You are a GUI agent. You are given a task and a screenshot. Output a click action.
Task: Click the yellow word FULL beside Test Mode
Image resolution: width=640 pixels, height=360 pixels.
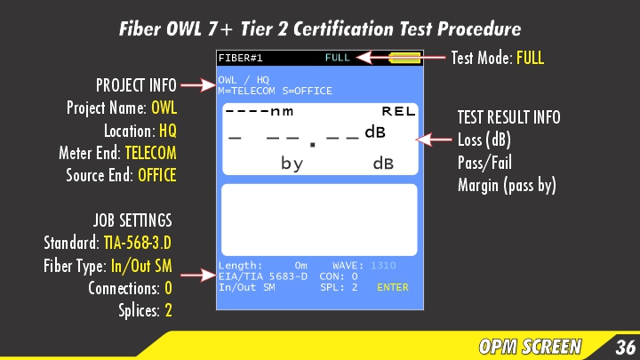click(529, 59)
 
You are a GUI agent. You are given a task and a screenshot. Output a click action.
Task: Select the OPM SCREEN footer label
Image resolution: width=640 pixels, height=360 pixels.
click(530, 347)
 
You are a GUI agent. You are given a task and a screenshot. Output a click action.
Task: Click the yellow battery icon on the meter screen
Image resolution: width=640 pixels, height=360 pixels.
click(404, 58)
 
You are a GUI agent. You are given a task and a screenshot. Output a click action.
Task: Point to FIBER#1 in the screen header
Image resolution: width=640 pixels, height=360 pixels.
click(240, 58)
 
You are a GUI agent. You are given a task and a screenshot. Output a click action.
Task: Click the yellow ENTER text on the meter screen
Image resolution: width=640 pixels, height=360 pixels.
click(393, 287)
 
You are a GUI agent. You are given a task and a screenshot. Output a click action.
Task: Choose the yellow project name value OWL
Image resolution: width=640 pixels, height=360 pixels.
click(164, 108)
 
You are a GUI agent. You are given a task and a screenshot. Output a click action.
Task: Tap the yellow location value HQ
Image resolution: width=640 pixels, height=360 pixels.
click(168, 130)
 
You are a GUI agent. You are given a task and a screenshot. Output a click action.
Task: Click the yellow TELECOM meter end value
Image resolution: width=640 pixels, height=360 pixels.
click(150, 152)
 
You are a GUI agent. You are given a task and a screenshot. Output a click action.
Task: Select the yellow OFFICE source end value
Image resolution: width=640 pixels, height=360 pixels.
click(156, 174)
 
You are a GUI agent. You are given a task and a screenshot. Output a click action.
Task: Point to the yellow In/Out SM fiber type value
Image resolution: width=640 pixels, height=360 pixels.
click(140, 265)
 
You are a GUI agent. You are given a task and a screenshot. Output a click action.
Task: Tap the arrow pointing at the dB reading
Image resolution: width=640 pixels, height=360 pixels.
click(436, 140)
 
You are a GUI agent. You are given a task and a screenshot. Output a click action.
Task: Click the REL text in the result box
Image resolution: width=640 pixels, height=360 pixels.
click(398, 112)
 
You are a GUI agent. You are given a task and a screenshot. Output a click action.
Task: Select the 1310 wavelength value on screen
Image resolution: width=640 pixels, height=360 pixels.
click(383, 265)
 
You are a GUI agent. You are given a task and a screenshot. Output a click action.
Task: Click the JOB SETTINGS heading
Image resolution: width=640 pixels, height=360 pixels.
click(132, 220)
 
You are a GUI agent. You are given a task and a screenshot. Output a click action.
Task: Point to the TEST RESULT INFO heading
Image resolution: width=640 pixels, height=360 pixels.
click(508, 117)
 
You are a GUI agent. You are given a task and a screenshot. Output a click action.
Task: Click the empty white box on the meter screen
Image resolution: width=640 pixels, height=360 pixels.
click(318, 219)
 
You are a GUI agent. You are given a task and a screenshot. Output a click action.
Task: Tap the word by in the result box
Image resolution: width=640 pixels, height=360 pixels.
click(292, 164)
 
